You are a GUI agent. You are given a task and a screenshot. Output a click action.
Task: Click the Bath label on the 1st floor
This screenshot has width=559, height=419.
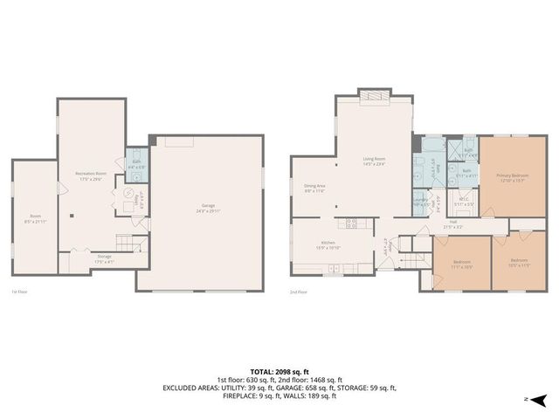[x=136, y=163]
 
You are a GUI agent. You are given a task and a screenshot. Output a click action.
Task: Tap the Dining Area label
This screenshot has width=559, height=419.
[x=314, y=188]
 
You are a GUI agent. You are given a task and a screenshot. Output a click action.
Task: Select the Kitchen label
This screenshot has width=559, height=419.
[x=328, y=244]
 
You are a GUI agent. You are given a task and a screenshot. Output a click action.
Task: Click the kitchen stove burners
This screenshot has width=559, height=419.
[x=351, y=223]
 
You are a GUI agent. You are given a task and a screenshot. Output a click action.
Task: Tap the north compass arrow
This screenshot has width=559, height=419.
[x=540, y=401]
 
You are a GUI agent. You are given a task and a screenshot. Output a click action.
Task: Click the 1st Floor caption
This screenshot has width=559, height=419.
[x=18, y=292]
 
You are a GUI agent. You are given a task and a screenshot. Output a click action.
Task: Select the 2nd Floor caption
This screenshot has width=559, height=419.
[x=299, y=292]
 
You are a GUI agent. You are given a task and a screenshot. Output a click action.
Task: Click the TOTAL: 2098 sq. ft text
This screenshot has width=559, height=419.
[x=279, y=371]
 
